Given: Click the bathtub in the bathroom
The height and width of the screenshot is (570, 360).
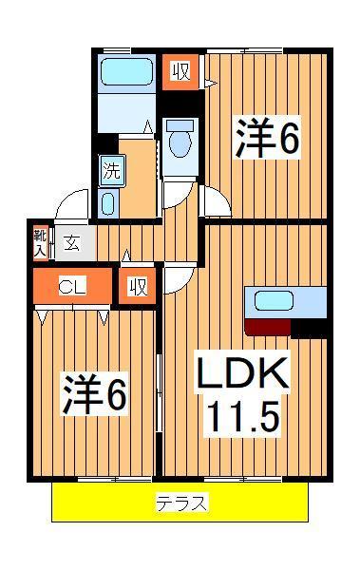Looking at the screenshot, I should [x=125, y=73].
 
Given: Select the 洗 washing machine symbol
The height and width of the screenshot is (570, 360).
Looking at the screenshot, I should [x=111, y=173].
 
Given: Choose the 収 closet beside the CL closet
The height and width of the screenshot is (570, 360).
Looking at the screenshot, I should [x=138, y=285].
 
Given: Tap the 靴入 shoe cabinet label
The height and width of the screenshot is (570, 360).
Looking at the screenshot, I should [x=41, y=243].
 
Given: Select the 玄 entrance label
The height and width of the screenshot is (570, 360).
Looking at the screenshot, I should [x=72, y=243].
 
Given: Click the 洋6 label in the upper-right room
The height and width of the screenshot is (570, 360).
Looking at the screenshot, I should [x=268, y=138].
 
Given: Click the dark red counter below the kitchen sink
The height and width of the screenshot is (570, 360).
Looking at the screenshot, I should [x=267, y=328].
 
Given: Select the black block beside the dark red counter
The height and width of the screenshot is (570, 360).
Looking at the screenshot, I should [x=309, y=329].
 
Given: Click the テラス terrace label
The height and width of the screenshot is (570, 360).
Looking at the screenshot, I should [x=180, y=503].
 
